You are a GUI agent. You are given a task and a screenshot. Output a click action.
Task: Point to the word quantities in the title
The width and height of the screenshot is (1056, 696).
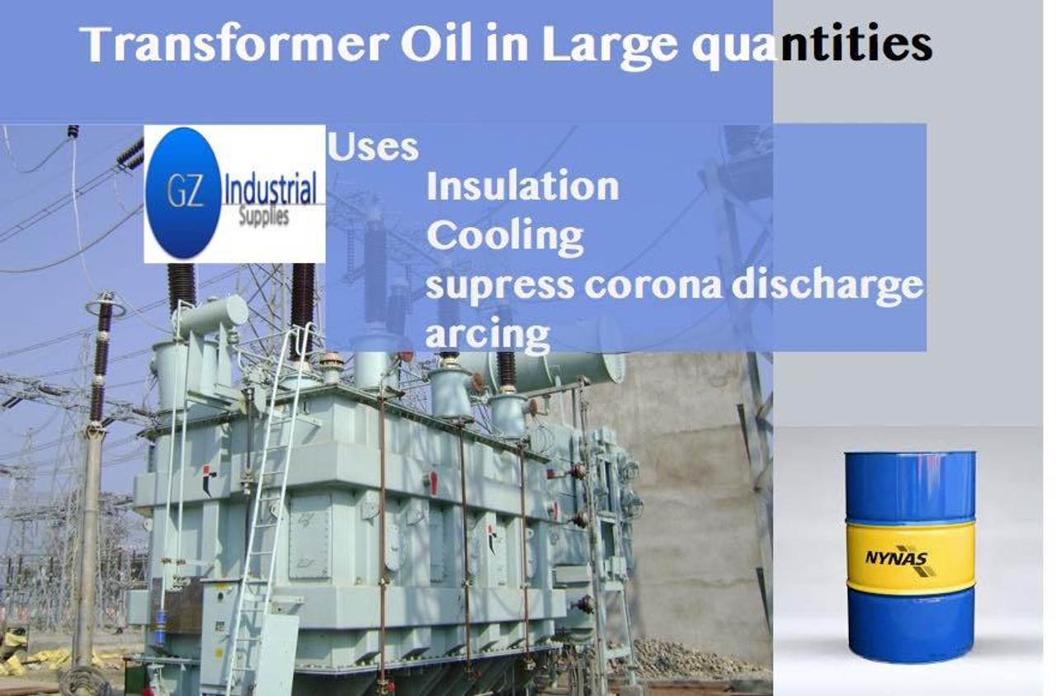point(812,47)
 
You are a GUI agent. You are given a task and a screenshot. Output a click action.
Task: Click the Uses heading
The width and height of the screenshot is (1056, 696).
point(373,147)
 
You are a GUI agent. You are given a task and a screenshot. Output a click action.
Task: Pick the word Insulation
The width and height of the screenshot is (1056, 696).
point(522,186)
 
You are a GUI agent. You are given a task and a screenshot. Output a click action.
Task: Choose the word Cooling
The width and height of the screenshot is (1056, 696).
point(505,236)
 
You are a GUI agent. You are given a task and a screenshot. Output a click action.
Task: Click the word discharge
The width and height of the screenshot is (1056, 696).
point(827,286)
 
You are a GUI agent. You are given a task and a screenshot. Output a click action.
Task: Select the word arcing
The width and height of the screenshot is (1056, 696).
point(488,336)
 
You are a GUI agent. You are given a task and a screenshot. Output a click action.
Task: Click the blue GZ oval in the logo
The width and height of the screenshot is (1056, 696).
point(183,193)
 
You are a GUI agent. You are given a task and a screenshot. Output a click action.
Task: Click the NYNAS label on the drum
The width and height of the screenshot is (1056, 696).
point(896,558)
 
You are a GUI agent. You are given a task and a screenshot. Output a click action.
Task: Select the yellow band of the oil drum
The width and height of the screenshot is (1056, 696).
point(911,556)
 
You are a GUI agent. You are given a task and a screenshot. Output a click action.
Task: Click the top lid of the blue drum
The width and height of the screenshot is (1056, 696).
point(910,454)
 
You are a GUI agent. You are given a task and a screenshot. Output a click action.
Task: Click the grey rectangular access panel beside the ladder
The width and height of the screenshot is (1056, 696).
point(309,537)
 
